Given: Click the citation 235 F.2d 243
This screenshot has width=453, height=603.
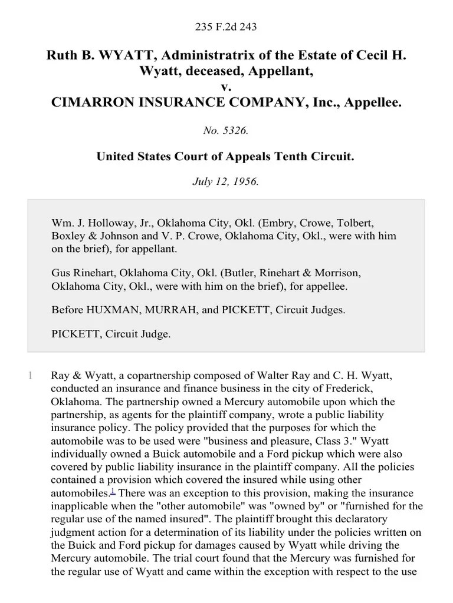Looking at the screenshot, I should coord(226,26).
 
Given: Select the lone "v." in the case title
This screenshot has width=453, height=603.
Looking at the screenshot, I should coord(226,87).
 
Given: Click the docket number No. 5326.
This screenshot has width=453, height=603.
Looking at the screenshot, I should coord(226,131).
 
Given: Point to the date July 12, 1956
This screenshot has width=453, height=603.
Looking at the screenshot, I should coord(226,181).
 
